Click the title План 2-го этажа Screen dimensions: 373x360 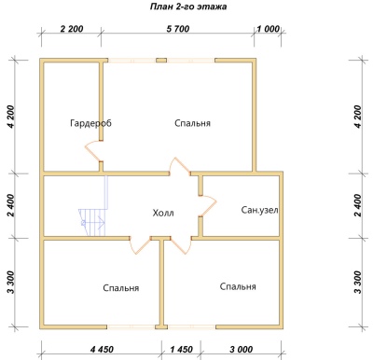(x=188, y=7)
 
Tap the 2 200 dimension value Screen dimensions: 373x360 (x=72, y=29)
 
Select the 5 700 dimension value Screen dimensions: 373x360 (x=178, y=29)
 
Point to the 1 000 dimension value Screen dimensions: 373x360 (x=268, y=29)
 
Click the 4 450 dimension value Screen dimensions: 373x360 (x=102, y=350)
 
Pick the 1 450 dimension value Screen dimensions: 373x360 (x=182, y=350)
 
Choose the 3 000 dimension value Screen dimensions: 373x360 (x=242, y=350)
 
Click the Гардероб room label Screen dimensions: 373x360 (x=90, y=123)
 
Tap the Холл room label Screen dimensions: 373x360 (x=163, y=214)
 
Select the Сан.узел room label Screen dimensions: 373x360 (x=259, y=211)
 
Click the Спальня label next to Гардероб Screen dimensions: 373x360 (x=192, y=123)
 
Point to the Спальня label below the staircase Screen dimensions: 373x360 (x=121, y=288)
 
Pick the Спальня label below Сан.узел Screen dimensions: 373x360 (x=238, y=286)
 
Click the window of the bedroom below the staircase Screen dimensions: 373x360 (x=131, y=326)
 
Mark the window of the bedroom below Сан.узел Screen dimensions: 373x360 (x=191, y=326)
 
